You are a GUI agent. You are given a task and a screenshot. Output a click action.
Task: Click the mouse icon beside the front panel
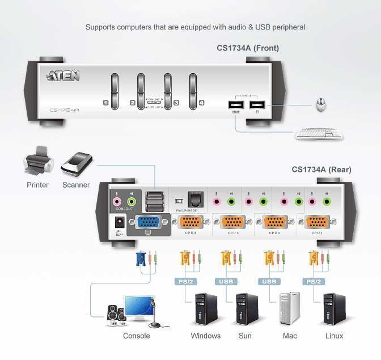click(x=321, y=105)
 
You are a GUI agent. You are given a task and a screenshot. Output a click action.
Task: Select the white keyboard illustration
click(x=318, y=134)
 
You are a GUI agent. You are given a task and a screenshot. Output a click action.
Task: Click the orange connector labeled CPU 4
click(x=191, y=222)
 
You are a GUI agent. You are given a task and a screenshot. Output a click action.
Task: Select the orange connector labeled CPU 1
click(x=318, y=222)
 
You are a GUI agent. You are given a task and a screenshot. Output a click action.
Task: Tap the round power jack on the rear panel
click(x=120, y=223)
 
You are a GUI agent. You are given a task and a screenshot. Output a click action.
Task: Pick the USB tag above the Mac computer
click(x=269, y=281)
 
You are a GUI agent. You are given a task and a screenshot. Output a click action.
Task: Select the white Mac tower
click(x=289, y=308)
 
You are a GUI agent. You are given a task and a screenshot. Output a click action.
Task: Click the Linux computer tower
click(x=333, y=308)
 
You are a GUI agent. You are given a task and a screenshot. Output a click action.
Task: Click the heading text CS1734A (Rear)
click(x=321, y=169)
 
